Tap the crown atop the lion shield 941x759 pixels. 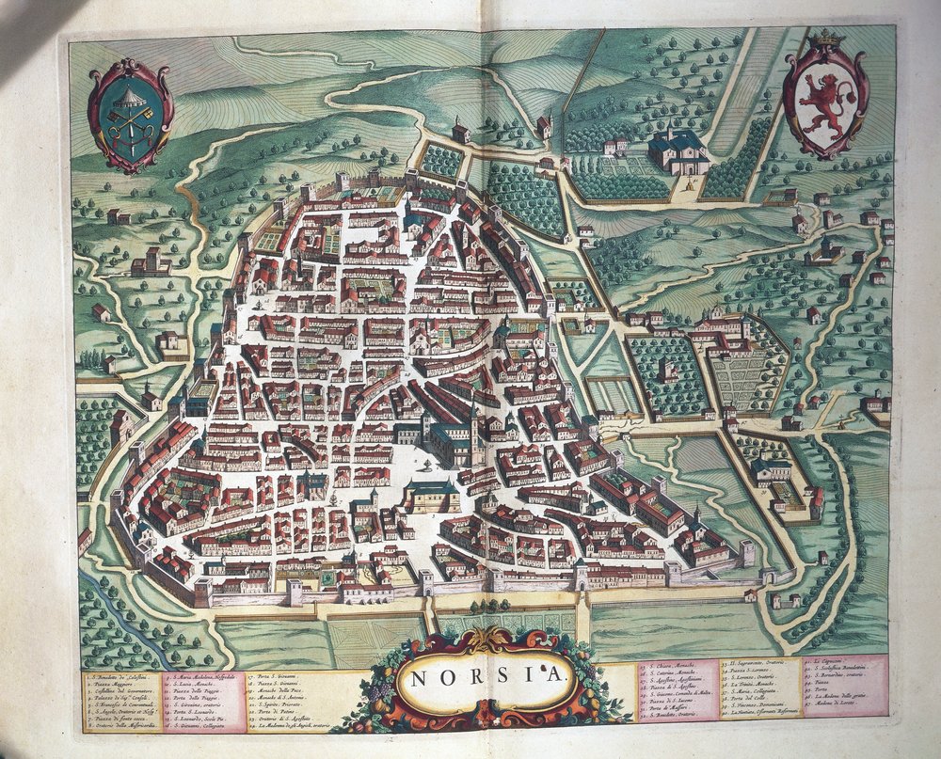click(826, 38)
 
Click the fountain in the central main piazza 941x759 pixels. click(427, 466)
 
